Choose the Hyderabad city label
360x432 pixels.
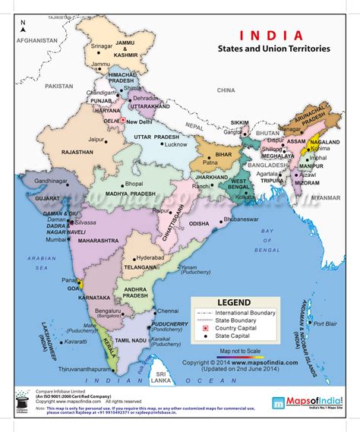click(x=150, y=258)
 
